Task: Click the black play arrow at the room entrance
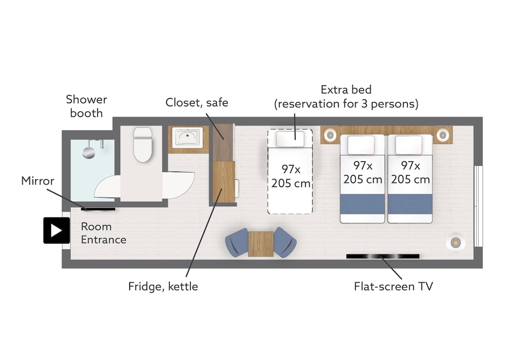click(56, 231)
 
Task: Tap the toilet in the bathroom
click(143, 145)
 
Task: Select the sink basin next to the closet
click(188, 137)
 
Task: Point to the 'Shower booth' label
click(86, 106)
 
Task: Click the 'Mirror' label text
click(37, 181)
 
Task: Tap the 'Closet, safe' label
click(197, 103)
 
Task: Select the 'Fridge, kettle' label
click(163, 286)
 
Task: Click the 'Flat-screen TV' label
click(393, 286)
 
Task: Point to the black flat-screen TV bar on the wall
click(383, 256)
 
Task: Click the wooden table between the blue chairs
click(261, 244)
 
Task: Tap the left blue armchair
click(237, 243)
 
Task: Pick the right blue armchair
click(285, 243)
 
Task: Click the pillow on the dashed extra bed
click(290, 139)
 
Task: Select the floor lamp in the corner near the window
click(456, 243)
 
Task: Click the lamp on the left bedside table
click(330, 134)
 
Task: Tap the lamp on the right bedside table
click(443, 134)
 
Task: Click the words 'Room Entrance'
click(104, 233)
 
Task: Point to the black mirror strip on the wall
click(98, 209)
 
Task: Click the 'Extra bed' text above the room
click(346, 89)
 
